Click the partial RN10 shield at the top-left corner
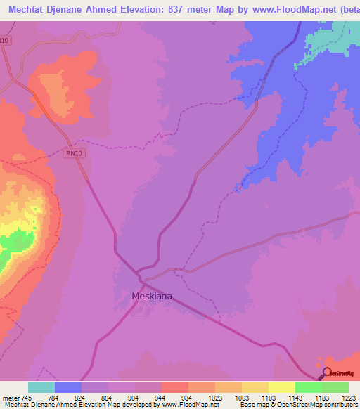[x=4, y=41]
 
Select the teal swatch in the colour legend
[x=41, y=387]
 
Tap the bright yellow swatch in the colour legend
[x=282, y=387]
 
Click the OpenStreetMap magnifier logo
[x=327, y=372]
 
